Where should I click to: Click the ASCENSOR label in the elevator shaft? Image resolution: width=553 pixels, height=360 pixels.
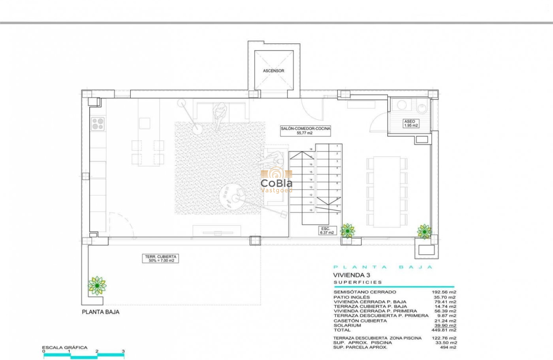coord(273,71)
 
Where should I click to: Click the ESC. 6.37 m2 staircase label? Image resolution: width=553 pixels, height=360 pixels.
coord(325,231)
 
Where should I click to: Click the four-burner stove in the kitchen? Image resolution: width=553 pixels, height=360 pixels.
coord(98,123)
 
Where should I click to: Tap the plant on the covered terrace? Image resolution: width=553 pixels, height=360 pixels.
coord(97,285)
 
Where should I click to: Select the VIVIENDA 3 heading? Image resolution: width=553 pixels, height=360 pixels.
coord(352,275)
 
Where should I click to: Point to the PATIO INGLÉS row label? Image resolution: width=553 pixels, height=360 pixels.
coord(352,297)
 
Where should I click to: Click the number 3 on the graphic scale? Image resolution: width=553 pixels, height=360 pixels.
coord(123,351)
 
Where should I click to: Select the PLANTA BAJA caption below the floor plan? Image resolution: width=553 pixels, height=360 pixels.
coord(100,312)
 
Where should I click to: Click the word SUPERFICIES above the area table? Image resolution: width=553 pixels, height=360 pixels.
coord(358,282)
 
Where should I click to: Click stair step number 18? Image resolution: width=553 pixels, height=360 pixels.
coord(311,150)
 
